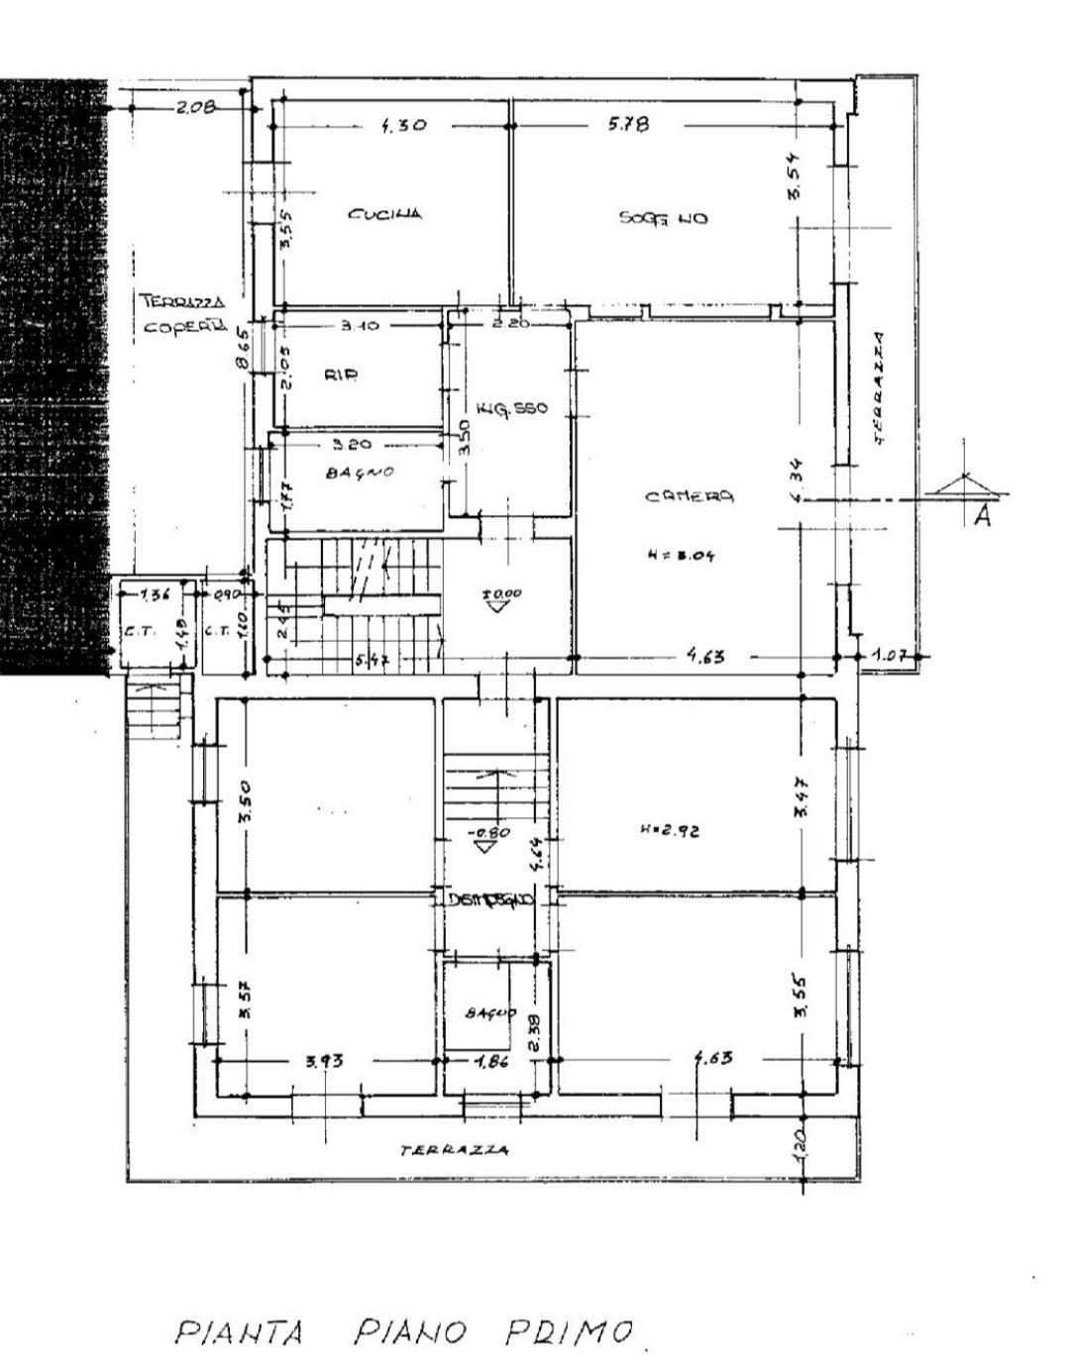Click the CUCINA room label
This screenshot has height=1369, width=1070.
pos(385,213)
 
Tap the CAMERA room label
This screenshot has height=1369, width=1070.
pos(690,496)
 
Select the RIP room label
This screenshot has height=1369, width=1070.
pos(340,374)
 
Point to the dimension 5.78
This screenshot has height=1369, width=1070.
pos(628,125)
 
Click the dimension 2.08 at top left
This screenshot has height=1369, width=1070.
pos(195,108)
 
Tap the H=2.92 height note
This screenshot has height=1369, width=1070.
pos(670,831)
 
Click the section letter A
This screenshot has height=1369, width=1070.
pos(982,514)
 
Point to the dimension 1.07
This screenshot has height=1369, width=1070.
pos(890,655)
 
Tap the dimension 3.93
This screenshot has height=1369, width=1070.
pos(324,1061)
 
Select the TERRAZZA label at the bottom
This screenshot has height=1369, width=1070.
pos(455,1150)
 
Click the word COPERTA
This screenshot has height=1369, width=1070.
pos(184,326)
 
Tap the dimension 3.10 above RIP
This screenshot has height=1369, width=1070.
pos(359,325)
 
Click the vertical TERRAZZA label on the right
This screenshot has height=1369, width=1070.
pos(880,386)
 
